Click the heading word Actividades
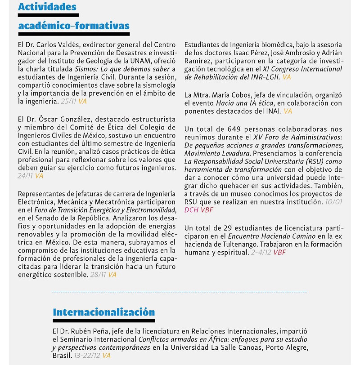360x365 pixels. (47, 7)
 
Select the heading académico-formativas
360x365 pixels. (74, 26)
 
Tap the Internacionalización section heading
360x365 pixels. (103, 312)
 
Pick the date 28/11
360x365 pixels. (97, 274)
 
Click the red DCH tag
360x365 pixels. (193, 209)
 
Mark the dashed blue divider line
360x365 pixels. (180, 292)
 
